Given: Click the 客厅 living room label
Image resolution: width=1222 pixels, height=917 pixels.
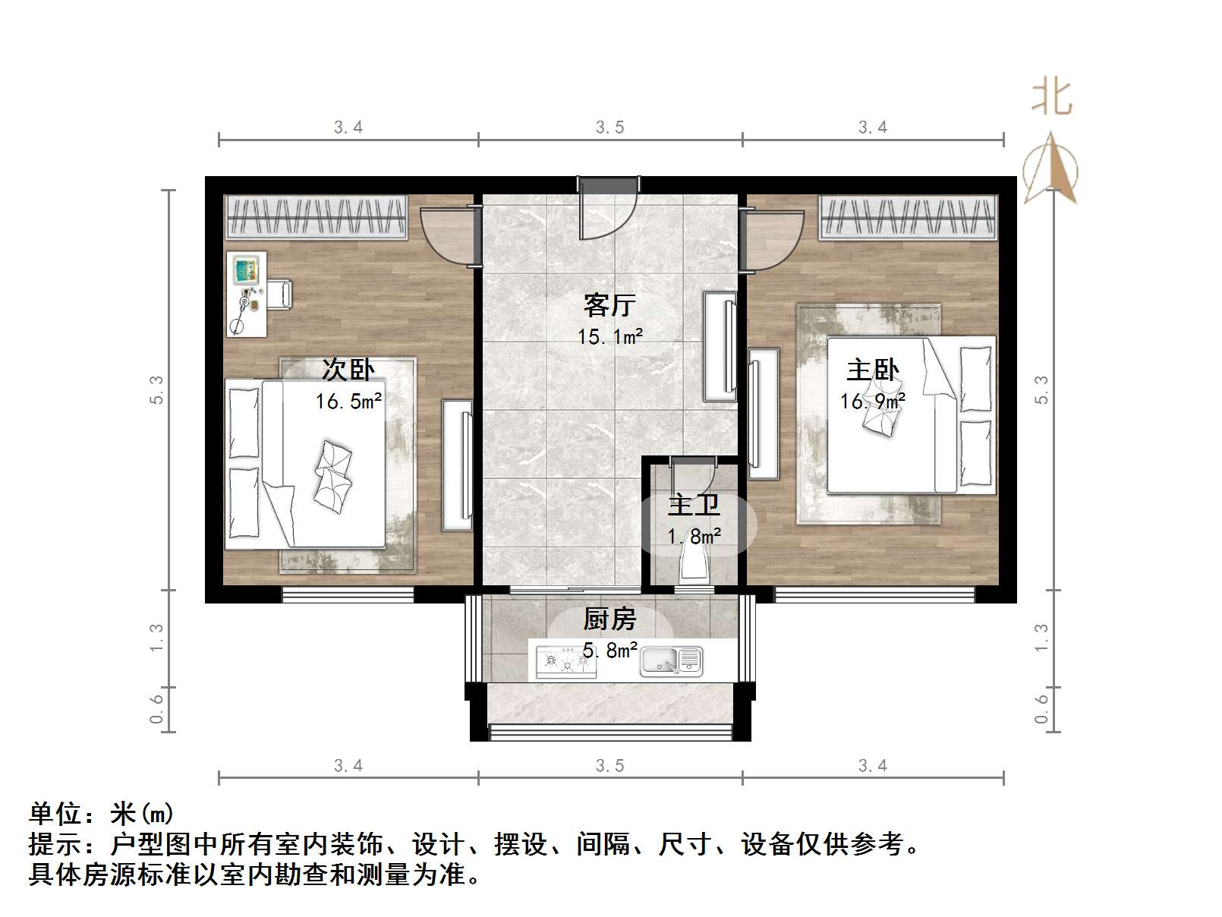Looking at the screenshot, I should pos(609,305).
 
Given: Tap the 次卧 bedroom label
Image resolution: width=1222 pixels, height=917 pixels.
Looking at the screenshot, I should pos(348,370).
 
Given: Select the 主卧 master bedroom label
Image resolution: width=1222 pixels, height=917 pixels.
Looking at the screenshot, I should pos(872,370).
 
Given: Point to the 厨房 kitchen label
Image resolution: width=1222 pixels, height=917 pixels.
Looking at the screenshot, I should pos(609,619).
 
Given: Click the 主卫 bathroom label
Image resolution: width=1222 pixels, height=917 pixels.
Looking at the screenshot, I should pos(694,506).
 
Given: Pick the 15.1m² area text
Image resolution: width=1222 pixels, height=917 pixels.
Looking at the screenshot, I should pos(610,336).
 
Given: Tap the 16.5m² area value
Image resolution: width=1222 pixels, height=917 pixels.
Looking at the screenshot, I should pos(348,401).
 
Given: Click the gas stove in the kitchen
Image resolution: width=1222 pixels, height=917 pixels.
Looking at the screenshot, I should pos(565,661).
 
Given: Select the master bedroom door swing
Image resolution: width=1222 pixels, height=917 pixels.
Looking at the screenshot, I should pos(773,239).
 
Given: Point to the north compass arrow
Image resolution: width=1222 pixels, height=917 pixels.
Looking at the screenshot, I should pos(1050,169).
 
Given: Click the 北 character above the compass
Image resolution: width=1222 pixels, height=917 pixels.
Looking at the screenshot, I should pos(1051,97).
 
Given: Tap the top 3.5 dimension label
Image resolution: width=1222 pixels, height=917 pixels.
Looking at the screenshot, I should pos(609,128).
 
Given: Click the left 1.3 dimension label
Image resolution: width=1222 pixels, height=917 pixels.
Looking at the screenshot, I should pos(156,637).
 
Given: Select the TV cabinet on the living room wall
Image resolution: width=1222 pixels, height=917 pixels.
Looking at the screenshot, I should pos(720,345).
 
